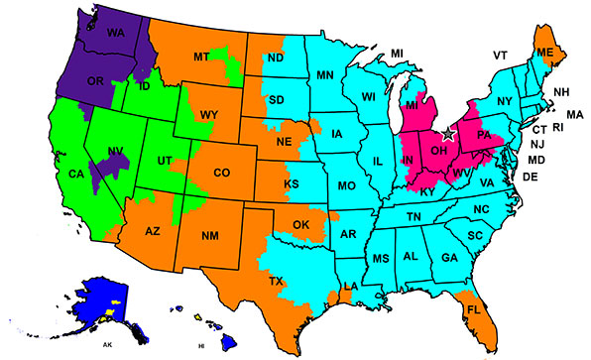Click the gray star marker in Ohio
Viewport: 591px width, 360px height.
(x=448, y=132)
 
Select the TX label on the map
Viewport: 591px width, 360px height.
(x=277, y=282)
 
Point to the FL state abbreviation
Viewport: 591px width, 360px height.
(x=472, y=309)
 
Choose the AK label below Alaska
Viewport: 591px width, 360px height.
(x=106, y=345)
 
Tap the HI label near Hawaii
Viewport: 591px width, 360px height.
(x=201, y=346)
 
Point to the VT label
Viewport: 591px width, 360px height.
(x=501, y=56)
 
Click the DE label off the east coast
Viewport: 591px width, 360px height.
(x=530, y=178)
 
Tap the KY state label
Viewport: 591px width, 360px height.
(x=427, y=190)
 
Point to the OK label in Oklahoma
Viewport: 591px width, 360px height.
(x=301, y=225)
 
